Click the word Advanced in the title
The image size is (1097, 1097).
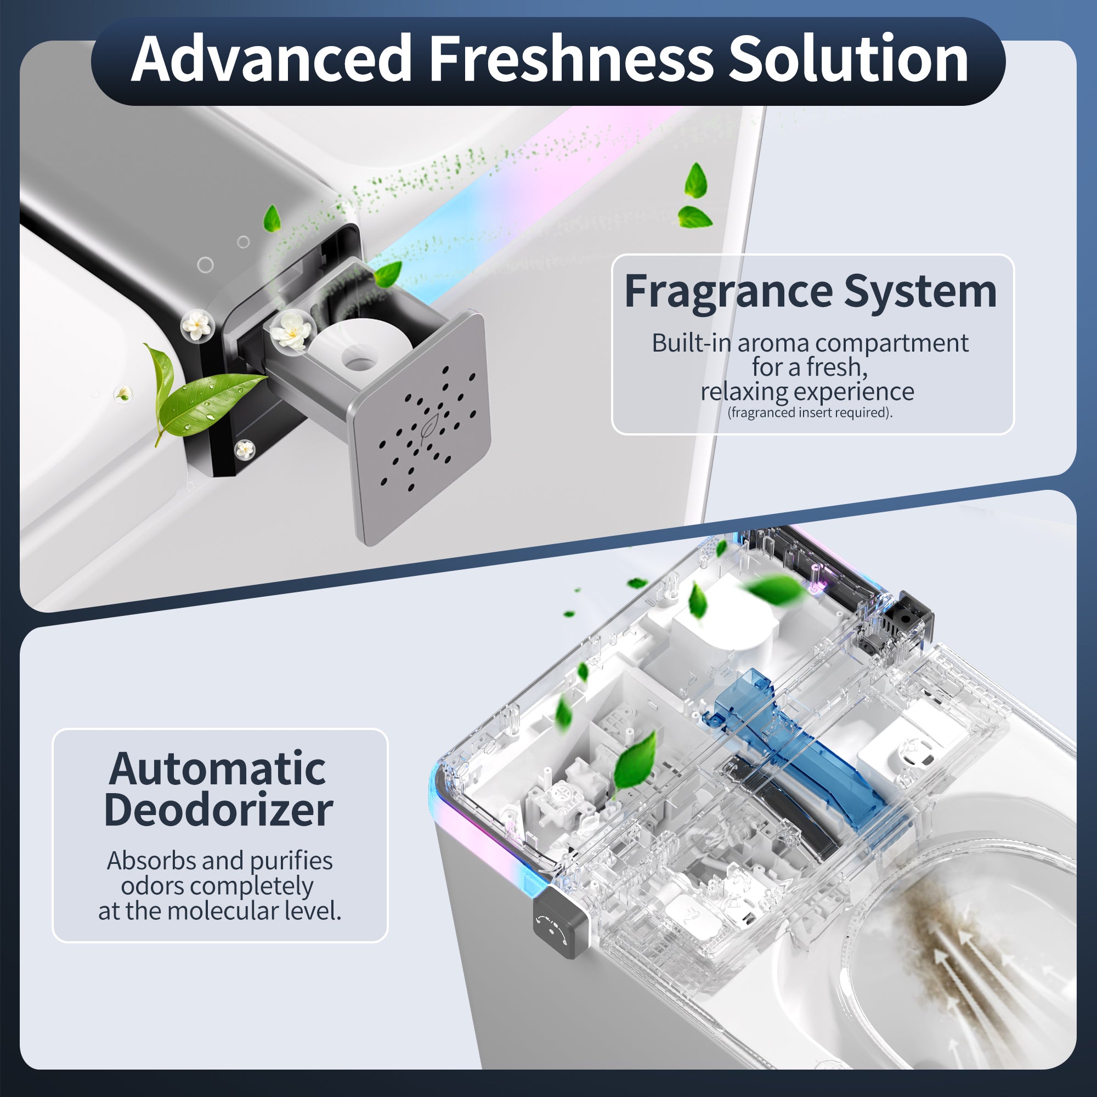click(271, 59)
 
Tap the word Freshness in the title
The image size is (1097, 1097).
click(570, 59)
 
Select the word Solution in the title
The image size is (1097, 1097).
click(848, 59)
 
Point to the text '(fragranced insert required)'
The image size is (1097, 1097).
click(810, 413)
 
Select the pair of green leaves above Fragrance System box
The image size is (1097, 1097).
click(694, 196)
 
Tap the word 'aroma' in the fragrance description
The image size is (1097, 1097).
click(773, 343)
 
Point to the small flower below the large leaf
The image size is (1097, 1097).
click(244, 450)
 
